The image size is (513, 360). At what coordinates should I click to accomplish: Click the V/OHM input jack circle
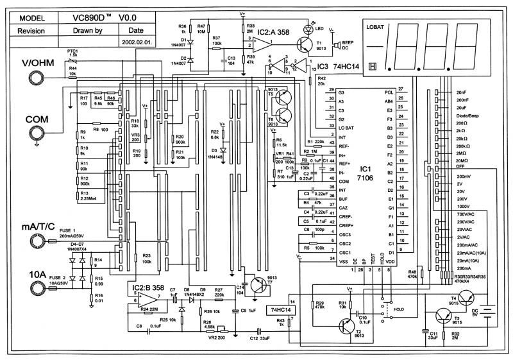(36, 76)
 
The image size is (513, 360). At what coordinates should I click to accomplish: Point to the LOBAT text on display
(376, 28)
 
